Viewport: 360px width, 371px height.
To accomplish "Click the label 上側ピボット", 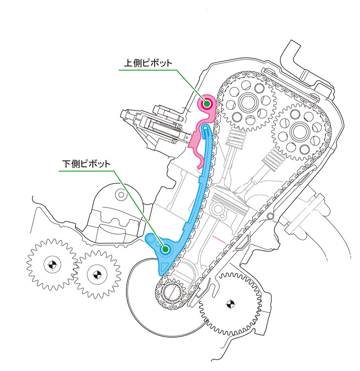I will (x=148, y=63).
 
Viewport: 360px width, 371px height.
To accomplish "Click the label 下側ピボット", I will (x=86, y=164).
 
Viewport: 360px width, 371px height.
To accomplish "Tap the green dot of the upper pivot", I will (x=207, y=103).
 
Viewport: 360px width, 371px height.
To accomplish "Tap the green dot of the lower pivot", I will (x=165, y=249).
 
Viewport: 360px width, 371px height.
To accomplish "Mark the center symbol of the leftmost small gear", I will (x=52, y=264).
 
